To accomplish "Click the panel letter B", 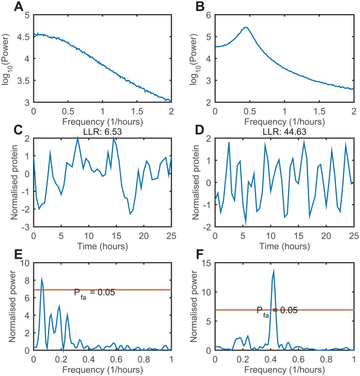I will click(192, 7).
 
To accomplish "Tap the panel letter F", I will click(192, 254).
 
